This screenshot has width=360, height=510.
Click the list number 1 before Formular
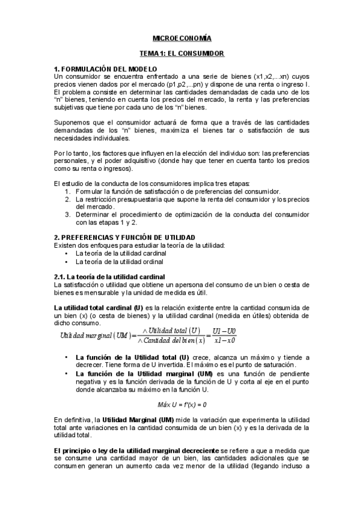click(x=68, y=191)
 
